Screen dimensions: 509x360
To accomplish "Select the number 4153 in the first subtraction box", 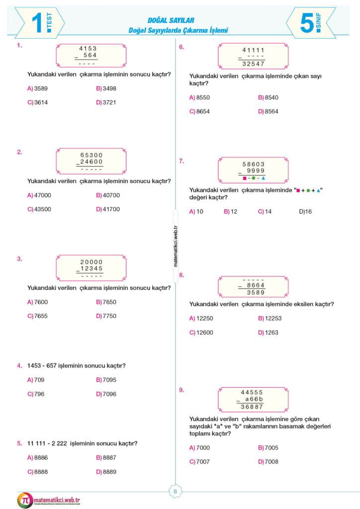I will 88,48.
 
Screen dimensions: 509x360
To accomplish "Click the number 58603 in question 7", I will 253,164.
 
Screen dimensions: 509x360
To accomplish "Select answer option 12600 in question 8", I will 204,333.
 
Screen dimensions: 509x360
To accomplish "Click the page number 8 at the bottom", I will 175,492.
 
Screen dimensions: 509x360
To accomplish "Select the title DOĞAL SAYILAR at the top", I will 171,20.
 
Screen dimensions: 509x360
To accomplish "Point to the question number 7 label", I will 182,161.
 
